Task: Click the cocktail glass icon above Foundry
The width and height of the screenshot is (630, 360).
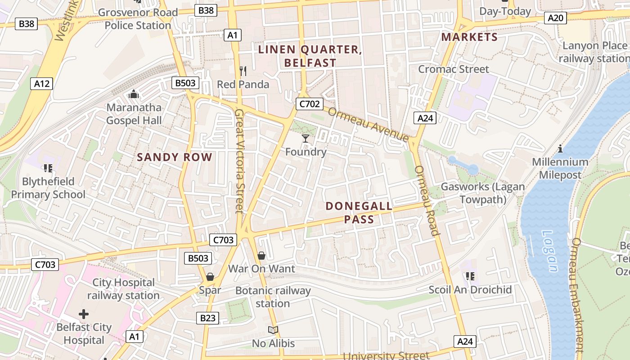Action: coord(306,139)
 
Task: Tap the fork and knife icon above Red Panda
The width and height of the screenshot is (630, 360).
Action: coord(243,71)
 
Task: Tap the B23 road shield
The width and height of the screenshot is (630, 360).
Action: coord(207,318)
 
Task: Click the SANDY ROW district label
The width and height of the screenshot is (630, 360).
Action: coord(175,157)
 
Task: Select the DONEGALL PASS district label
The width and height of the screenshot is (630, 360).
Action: coord(359,213)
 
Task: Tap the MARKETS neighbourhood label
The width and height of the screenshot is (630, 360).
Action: coord(469,37)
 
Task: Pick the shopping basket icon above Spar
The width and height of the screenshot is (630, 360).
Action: coord(210,277)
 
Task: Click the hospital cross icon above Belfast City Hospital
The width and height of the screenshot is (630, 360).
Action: coord(84,314)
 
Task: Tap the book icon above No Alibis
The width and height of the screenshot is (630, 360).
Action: coord(273,330)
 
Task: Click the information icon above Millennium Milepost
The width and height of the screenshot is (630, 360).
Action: coord(560,148)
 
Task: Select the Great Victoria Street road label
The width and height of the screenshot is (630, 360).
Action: coord(239,160)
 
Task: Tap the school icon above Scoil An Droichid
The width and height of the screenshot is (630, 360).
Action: coord(470,276)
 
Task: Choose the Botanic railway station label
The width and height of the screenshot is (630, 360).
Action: coord(273,297)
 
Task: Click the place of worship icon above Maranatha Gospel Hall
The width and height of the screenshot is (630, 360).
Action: coord(134,94)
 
